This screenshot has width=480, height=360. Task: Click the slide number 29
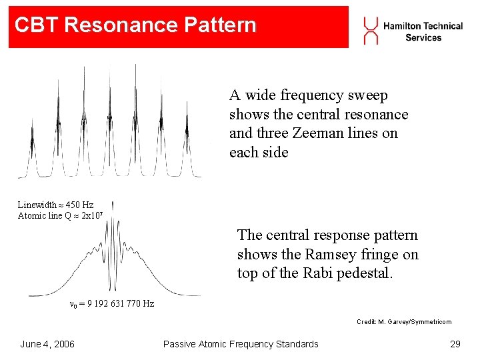(455, 344)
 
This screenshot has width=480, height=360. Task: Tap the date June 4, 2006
(47, 344)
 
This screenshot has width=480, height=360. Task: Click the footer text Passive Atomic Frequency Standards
(241, 344)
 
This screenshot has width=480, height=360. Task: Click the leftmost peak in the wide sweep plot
(31, 140)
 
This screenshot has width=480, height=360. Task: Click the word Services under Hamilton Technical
(423, 37)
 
